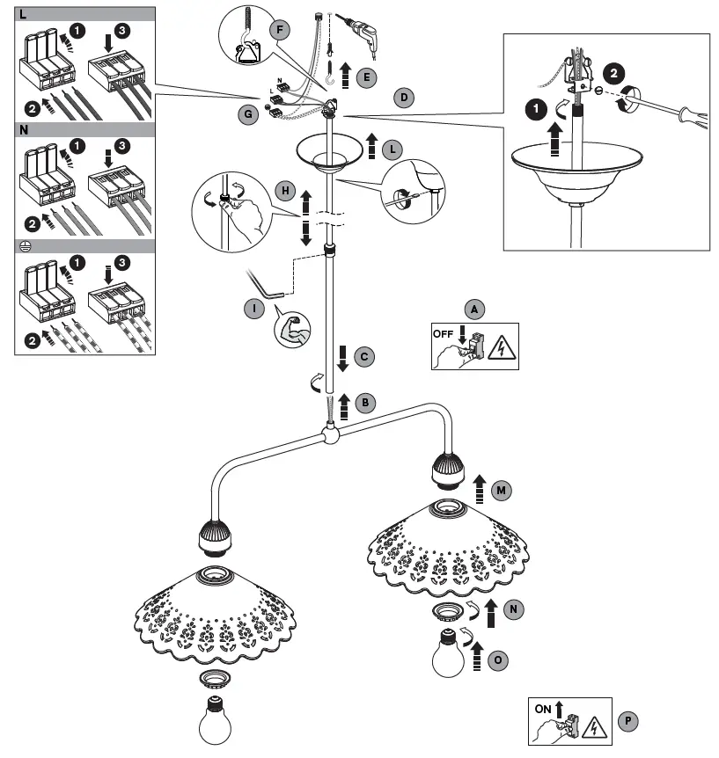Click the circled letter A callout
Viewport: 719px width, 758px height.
(475, 309)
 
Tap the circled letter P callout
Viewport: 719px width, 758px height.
(626, 720)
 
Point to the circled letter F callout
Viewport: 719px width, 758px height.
(282, 28)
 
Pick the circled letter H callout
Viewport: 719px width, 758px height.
(284, 190)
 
